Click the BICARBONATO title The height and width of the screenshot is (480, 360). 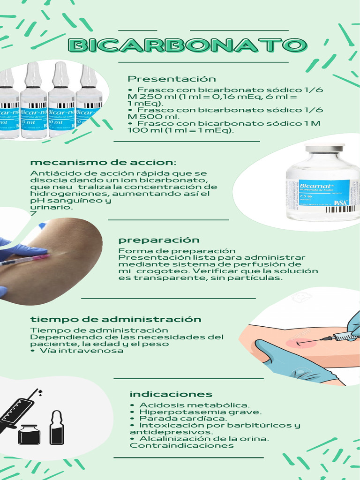tap(187, 45)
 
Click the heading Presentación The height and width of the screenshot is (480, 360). tap(172, 79)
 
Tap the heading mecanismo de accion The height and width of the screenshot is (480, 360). tap(104, 162)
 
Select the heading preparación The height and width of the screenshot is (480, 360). tap(159, 240)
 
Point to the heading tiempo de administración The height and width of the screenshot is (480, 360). tap(116, 319)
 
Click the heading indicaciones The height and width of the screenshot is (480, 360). tap(171, 394)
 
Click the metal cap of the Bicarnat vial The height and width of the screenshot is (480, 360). tap(324, 149)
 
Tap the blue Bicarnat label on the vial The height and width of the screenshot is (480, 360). tap(324, 193)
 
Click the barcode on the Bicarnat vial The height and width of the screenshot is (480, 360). tap(340, 209)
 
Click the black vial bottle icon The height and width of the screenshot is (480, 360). tap(29, 435)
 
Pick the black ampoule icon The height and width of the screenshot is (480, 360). tap(57, 427)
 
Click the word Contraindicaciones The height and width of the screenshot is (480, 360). tap(181, 445)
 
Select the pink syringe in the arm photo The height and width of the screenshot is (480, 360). tap(24, 260)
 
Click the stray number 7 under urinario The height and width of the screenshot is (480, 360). tap(33, 213)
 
